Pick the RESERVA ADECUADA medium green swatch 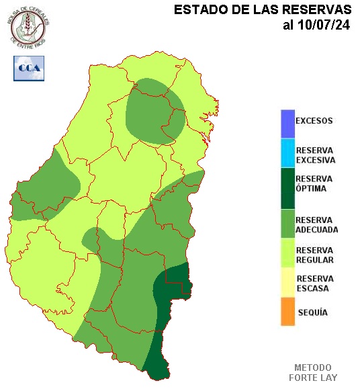pos(287,224)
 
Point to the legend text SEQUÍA pos(312,313)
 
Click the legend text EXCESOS pos(314,121)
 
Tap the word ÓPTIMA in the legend pos(311,189)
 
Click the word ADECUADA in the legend pos(316,229)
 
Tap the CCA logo pos(29,68)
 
